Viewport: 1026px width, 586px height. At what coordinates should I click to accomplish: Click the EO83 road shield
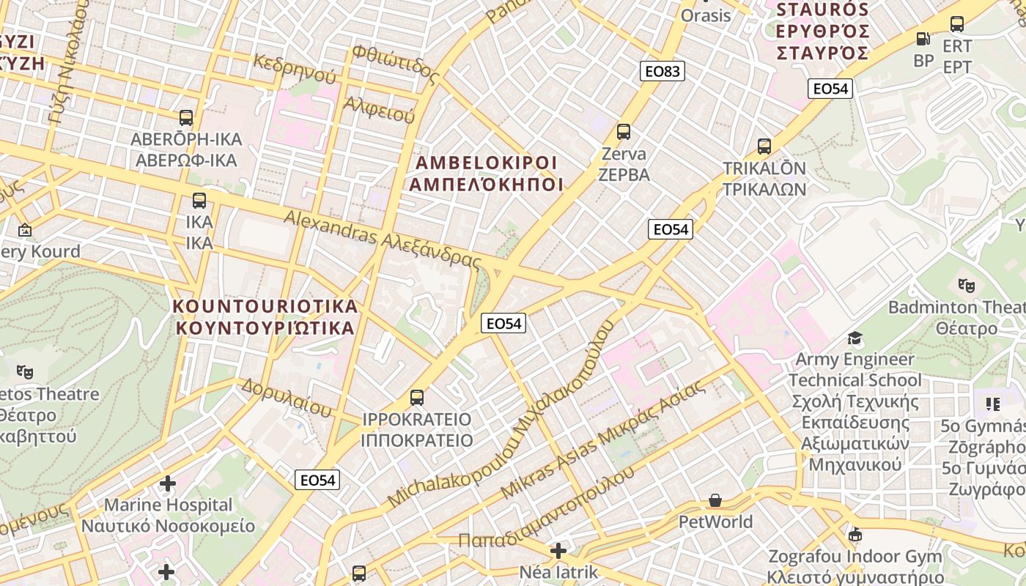pos(662,71)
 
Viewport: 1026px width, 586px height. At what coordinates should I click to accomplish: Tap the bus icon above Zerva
pos(624,132)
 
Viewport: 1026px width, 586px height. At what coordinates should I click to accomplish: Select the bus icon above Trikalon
pos(764,146)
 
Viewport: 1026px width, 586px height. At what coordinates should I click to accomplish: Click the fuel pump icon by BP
pos(923,39)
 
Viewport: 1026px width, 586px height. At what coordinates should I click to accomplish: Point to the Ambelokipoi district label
pos(486,174)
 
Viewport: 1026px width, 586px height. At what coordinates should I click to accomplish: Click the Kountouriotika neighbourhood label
pos(266,316)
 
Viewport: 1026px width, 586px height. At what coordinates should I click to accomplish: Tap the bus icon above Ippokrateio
pos(417,398)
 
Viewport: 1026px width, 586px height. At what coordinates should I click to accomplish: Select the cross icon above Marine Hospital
pos(168,483)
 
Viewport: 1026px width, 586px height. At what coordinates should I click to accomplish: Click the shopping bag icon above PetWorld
pos(715,500)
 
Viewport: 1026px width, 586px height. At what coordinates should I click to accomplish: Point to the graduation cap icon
pos(855,338)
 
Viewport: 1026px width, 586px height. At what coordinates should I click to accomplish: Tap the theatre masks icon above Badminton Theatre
pos(966,285)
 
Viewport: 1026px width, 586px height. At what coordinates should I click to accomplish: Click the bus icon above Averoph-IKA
pos(186,117)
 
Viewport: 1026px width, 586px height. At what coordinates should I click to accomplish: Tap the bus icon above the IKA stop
pos(199,201)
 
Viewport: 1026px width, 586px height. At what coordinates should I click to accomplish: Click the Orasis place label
pos(706,15)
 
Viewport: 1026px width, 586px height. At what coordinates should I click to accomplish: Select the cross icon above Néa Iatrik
pos(558,550)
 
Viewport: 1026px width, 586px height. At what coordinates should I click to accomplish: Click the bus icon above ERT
pos(957,24)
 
